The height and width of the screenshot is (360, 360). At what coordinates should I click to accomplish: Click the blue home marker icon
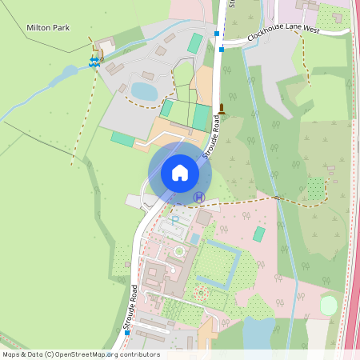pos(180,173)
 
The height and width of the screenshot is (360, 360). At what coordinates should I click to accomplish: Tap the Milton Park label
pos(48,27)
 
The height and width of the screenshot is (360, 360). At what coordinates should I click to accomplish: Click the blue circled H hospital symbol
pos(198,197)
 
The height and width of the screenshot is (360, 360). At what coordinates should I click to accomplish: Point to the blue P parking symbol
pos(175,218)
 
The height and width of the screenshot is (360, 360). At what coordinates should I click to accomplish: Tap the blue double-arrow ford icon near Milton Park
pos(94,61)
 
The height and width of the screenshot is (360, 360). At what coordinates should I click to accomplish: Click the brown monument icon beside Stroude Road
pos(222,110)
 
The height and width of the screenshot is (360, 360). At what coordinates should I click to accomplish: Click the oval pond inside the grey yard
pos(145,91)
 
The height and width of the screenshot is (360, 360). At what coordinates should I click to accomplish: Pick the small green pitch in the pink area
pos(259,234)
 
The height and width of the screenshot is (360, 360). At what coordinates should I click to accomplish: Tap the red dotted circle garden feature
pos(200,294)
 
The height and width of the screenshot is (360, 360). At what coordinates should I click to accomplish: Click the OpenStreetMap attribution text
pos(81,354)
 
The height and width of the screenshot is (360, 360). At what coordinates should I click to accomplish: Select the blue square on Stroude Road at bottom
pos(127,333)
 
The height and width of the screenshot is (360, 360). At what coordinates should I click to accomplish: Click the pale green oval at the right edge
pos(328,305)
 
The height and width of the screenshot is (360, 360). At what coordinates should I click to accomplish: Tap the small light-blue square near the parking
pos(194,238)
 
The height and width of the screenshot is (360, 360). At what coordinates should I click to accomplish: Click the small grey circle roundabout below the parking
pos(179,251)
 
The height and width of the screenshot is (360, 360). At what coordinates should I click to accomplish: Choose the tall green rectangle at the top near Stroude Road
pos(196,43)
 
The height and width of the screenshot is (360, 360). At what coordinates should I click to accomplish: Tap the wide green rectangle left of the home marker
pos(123,138)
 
